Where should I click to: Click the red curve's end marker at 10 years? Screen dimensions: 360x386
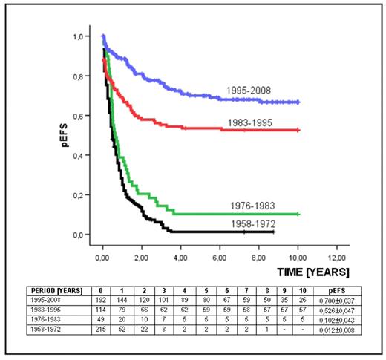click(x=298, y=130)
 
